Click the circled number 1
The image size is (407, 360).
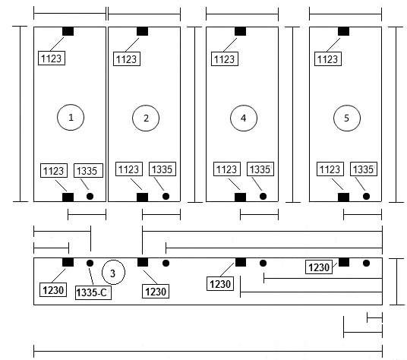click(71, 117)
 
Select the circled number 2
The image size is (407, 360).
click(146, 118)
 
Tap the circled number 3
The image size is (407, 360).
click(113, 273)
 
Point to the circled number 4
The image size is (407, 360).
click(244, 118)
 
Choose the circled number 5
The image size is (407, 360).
click(347, 118)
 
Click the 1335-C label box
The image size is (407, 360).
click(93, 292)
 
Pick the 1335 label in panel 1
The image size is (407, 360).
click(88, 171)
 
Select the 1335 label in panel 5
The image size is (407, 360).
click(364, 169)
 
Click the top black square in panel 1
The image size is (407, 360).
click(68, 31)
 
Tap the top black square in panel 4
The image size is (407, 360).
click(241, 31)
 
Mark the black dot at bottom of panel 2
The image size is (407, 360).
click(166, 196)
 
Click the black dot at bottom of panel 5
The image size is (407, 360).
click(366, 196)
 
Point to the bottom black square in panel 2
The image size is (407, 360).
click(143, 197)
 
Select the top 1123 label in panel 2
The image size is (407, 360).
click(127, 59)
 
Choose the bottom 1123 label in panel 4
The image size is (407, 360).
click(227, 169)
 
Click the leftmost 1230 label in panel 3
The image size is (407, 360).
click(53, 289)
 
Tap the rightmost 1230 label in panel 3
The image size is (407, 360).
click(319, 267)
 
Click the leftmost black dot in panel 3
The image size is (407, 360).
click(90, 264)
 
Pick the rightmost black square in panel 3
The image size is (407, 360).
click(344, 262)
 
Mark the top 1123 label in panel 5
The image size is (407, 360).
click(328, 59)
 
